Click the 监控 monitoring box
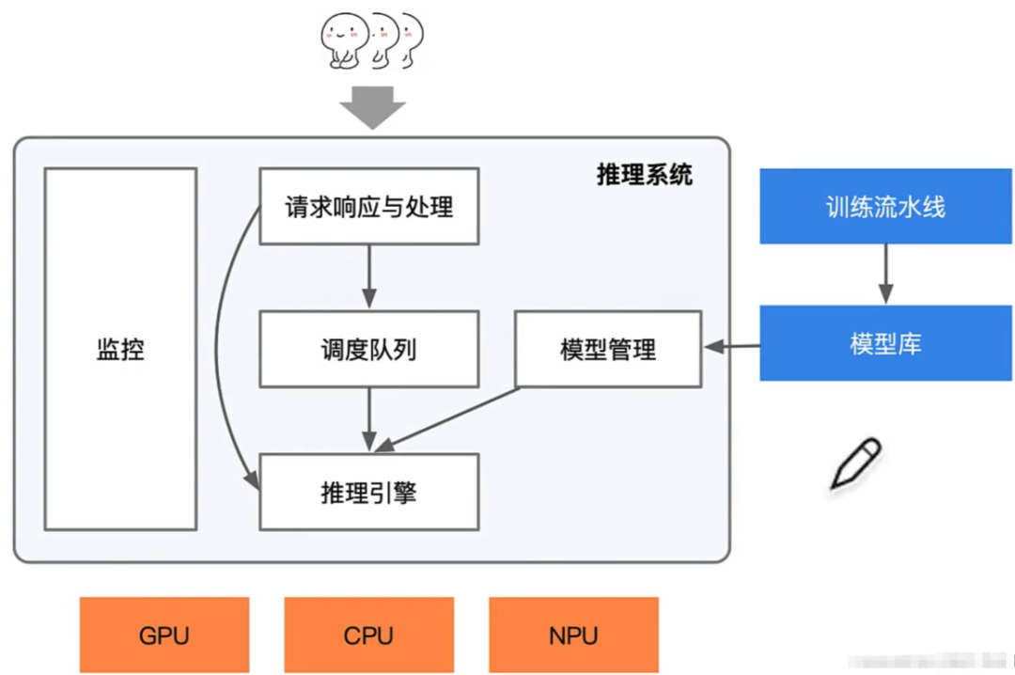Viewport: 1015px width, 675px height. click(x=120, y=349)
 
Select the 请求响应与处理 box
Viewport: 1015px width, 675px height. click(x=368, y=206)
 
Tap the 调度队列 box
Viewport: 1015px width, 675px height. click(x=368, y=350)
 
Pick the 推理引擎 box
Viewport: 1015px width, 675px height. click(x=368, y=491)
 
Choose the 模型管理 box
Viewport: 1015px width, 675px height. click(x=608, y=349)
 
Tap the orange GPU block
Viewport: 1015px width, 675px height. click(x=164, y=636)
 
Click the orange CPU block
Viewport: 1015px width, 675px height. click(x=368, y=636)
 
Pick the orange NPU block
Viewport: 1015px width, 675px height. click(x=573, y=636)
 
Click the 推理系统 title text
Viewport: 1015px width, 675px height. click(x=645, y=175)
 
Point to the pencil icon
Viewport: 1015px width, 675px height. click(x=855, y=464)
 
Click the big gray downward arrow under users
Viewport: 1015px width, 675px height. click(x=372, y=105)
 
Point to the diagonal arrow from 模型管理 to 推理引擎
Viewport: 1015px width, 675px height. click(x=442, y=416)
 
